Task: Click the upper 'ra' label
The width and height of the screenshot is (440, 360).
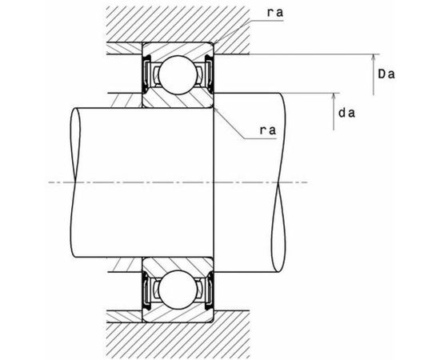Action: pyautogui.click(x=275, y=13)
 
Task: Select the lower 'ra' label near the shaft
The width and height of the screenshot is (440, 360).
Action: pyautogui.click(x=268, y=130)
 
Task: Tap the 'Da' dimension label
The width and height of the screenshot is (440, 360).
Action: pyautogui.click(x=386, y=74)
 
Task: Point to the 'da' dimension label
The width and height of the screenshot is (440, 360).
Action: pyautogui.click(x=347, y=113)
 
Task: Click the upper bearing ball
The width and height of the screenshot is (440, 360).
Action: pyautogui.click(x=178, y=75)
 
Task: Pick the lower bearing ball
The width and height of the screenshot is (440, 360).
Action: pyautogui.click(x=178, y=290)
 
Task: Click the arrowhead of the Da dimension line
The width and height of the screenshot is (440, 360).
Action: pyautogui.click(x=374, y=58)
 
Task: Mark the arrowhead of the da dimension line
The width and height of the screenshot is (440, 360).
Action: pyautogui.click(x=334, y=96)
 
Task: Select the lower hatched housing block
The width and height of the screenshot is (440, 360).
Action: pyautogui.click(x=178, y=334)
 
